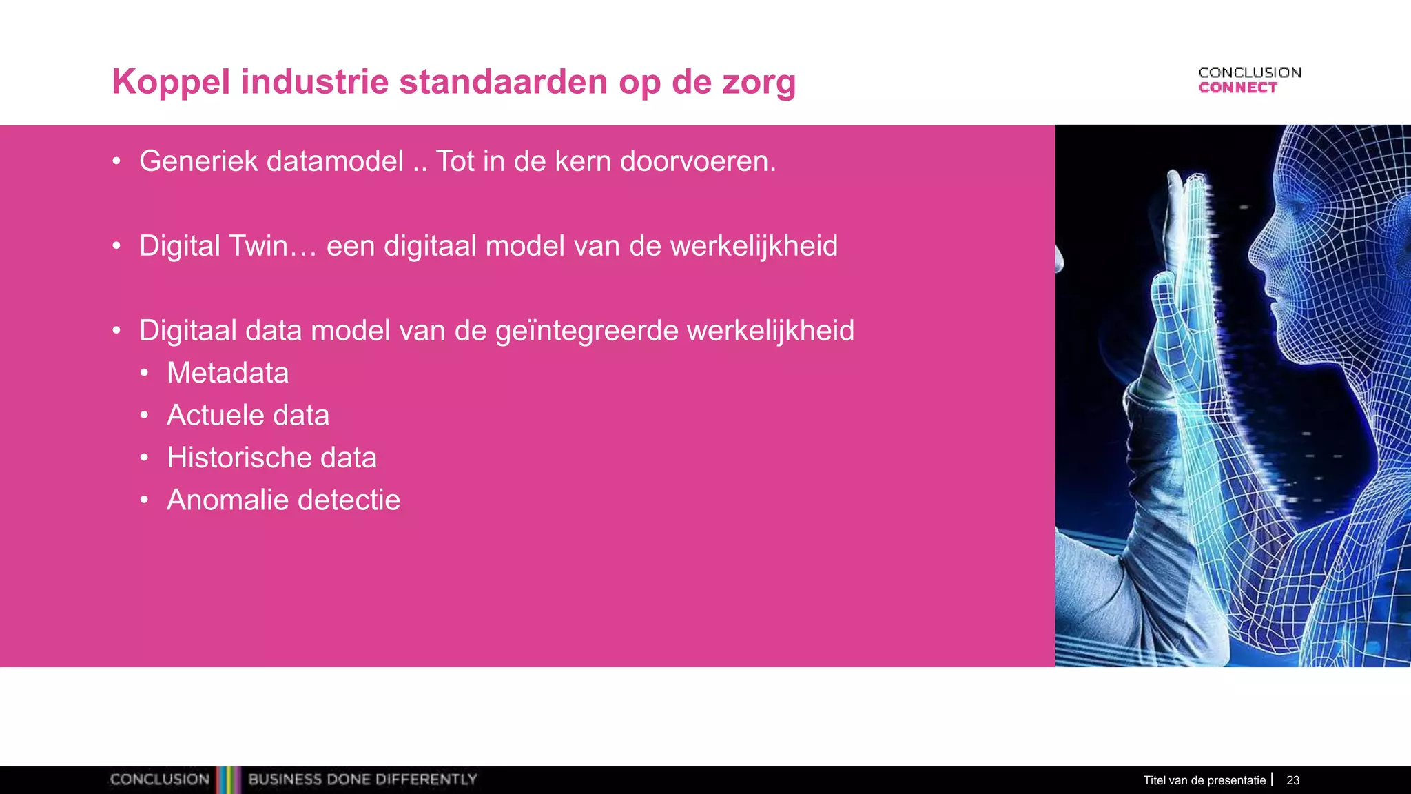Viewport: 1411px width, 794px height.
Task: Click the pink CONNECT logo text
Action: click(x=1237, y=88)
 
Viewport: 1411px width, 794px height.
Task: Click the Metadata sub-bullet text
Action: click(x=227, y=373)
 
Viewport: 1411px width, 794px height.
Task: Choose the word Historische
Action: click(x=234, y=458)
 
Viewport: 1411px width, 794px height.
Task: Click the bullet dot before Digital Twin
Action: click(x=116, y=246)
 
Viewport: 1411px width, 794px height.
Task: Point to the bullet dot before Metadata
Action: click(x=144, y=374)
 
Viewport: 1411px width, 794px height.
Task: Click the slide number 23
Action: click(x=1292, y=780)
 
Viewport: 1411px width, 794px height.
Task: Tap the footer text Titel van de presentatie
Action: click(x=1204, y=780)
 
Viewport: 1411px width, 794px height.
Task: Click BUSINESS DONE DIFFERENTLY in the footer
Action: click(x=362, y=780)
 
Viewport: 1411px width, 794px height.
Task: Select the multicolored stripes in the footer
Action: click(x=229, y=780)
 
